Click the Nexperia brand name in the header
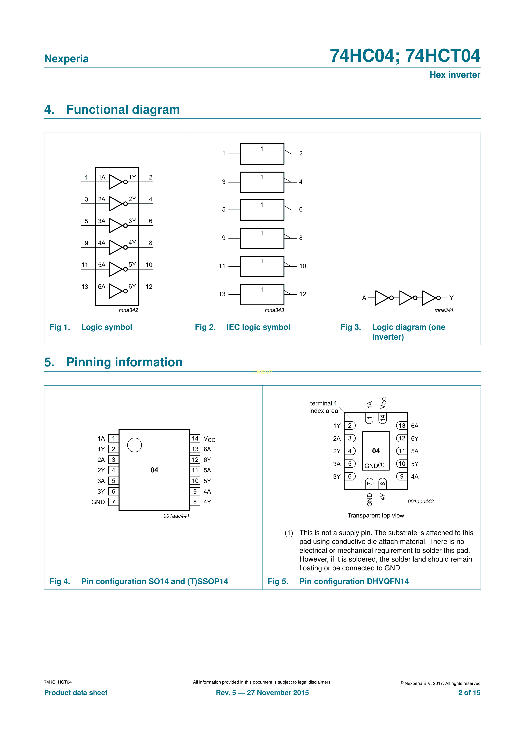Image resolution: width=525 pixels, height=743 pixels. coord(66,59)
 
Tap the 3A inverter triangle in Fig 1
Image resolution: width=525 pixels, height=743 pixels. coord(115,226)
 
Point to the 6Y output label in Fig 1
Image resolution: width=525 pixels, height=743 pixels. coord(132,286)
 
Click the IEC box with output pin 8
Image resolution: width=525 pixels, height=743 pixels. coord(262,238)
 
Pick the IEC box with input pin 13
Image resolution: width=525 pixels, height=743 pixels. coord(262,295)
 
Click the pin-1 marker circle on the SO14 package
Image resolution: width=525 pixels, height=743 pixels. coord(135,445)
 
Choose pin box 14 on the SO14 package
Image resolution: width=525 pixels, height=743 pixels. coord(195,439)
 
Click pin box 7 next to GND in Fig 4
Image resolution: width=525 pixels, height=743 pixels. coord(114,502)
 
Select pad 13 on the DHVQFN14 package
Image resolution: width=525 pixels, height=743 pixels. coord(402,426)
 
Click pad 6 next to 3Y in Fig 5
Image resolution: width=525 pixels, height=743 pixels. coord(350,476)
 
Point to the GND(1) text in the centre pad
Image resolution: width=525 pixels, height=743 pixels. coord(375,466)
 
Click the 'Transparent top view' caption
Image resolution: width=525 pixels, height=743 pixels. coord(376,516)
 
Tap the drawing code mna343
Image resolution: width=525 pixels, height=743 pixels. coord(274,310)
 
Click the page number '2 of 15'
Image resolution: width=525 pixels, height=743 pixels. coord(469,693)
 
